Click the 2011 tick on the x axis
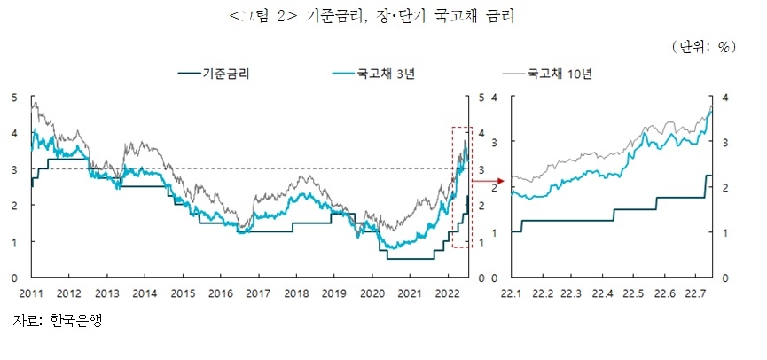point(31,293)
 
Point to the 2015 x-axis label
point(183,293)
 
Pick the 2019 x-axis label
point(333,293)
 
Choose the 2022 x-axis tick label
point(447,293)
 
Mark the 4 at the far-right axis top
point(725,97)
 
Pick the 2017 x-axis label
point(258,293)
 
